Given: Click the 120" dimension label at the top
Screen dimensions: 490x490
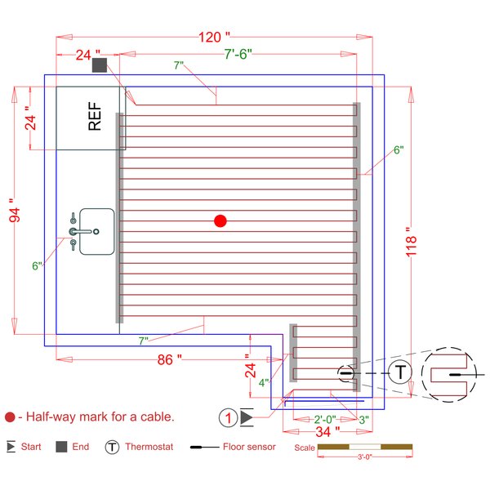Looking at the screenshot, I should click(x=215, y=38).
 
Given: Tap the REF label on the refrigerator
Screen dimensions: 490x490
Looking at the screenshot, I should click(x=95, y=117).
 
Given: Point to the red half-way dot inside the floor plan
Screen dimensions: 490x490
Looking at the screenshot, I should click(x=220, y=220).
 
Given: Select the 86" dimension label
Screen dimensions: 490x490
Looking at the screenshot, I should click(x=167, y=359).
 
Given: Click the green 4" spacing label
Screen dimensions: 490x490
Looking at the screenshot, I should click(x=263, y=382).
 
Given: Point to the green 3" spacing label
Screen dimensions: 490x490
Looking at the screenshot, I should click(x=363, y=419).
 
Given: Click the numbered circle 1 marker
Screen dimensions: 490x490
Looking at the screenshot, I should click(x=229, y=417).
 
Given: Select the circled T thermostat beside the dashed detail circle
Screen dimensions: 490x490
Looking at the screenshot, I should click(x=399, y=372).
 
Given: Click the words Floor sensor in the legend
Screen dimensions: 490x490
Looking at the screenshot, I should click(x=249, y=448).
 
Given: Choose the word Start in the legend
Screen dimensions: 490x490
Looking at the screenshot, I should click(x=31, y=448).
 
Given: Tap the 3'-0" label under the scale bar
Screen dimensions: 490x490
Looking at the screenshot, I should click(x=364, y=458).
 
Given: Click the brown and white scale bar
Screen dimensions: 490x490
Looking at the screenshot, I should click(x=364, y=448).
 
